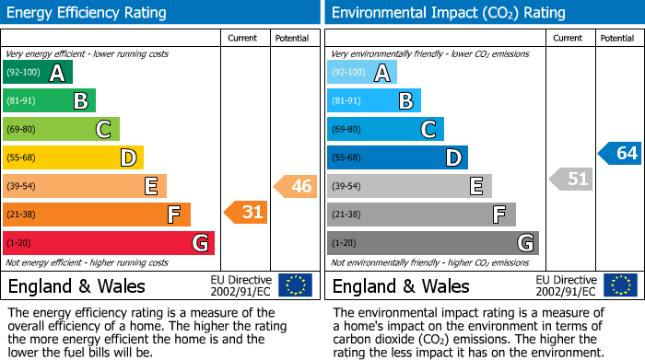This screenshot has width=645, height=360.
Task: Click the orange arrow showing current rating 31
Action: point(246,213)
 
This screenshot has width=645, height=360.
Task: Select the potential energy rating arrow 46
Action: point(295,186)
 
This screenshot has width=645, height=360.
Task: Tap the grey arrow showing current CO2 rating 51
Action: point(570,179)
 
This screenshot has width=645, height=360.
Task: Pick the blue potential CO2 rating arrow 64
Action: point(619,153)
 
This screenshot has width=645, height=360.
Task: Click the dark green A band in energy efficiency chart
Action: point(38,73)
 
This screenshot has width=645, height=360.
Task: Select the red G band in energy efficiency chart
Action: point(109,243)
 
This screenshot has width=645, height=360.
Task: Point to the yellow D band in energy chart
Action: point(73,157)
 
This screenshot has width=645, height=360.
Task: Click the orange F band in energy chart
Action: point(97,215)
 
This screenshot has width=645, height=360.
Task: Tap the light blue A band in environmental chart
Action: point(362,73)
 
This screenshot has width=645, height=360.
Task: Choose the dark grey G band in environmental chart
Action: point(433,243)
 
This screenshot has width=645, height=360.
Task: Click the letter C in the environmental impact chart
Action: point(428,129)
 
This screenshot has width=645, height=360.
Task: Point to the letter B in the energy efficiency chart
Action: point(81,101)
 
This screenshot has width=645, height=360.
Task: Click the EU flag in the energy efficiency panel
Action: point(295,285)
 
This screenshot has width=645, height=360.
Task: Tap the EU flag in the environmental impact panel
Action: point(619,285)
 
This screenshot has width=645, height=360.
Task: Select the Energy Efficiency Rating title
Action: point(88,13)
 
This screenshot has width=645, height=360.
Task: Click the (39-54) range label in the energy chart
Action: point(20,187)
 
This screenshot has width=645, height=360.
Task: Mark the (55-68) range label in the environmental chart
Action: point(345,158)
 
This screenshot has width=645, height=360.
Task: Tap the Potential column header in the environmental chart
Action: point(617,38)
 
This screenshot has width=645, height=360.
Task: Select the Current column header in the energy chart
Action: point(244,38)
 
